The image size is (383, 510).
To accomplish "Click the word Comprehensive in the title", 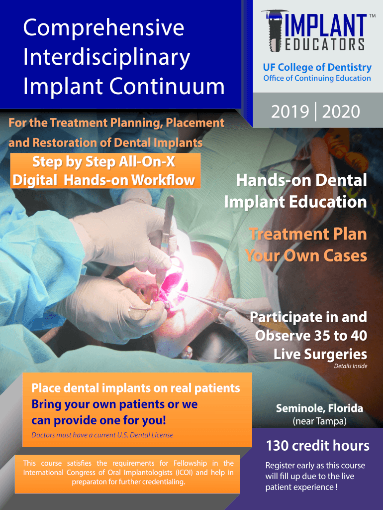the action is coord(103,28).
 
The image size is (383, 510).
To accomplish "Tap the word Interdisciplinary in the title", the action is coord(106,58).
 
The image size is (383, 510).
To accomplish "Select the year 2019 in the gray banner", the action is coord(290,112).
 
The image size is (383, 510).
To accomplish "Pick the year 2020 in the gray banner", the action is coord(341,112).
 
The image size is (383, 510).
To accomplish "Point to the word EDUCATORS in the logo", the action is coord(325,44).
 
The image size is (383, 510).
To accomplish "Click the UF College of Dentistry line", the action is coord(317,67).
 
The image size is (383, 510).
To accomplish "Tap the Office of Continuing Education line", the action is coord(317,78).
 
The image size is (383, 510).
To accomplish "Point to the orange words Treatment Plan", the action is coord(308,234).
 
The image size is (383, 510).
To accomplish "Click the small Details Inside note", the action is coord(351,366).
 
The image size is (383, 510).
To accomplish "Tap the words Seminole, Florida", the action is coord(319,408).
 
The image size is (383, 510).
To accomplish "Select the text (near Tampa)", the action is coord(319,421).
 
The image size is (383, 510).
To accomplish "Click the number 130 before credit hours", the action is coord(277,446).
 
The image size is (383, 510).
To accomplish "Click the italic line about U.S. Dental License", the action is coord(102,435).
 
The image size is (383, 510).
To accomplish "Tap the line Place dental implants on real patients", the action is coord(136,388).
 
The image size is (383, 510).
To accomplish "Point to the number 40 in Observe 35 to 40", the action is coord(359,336).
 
